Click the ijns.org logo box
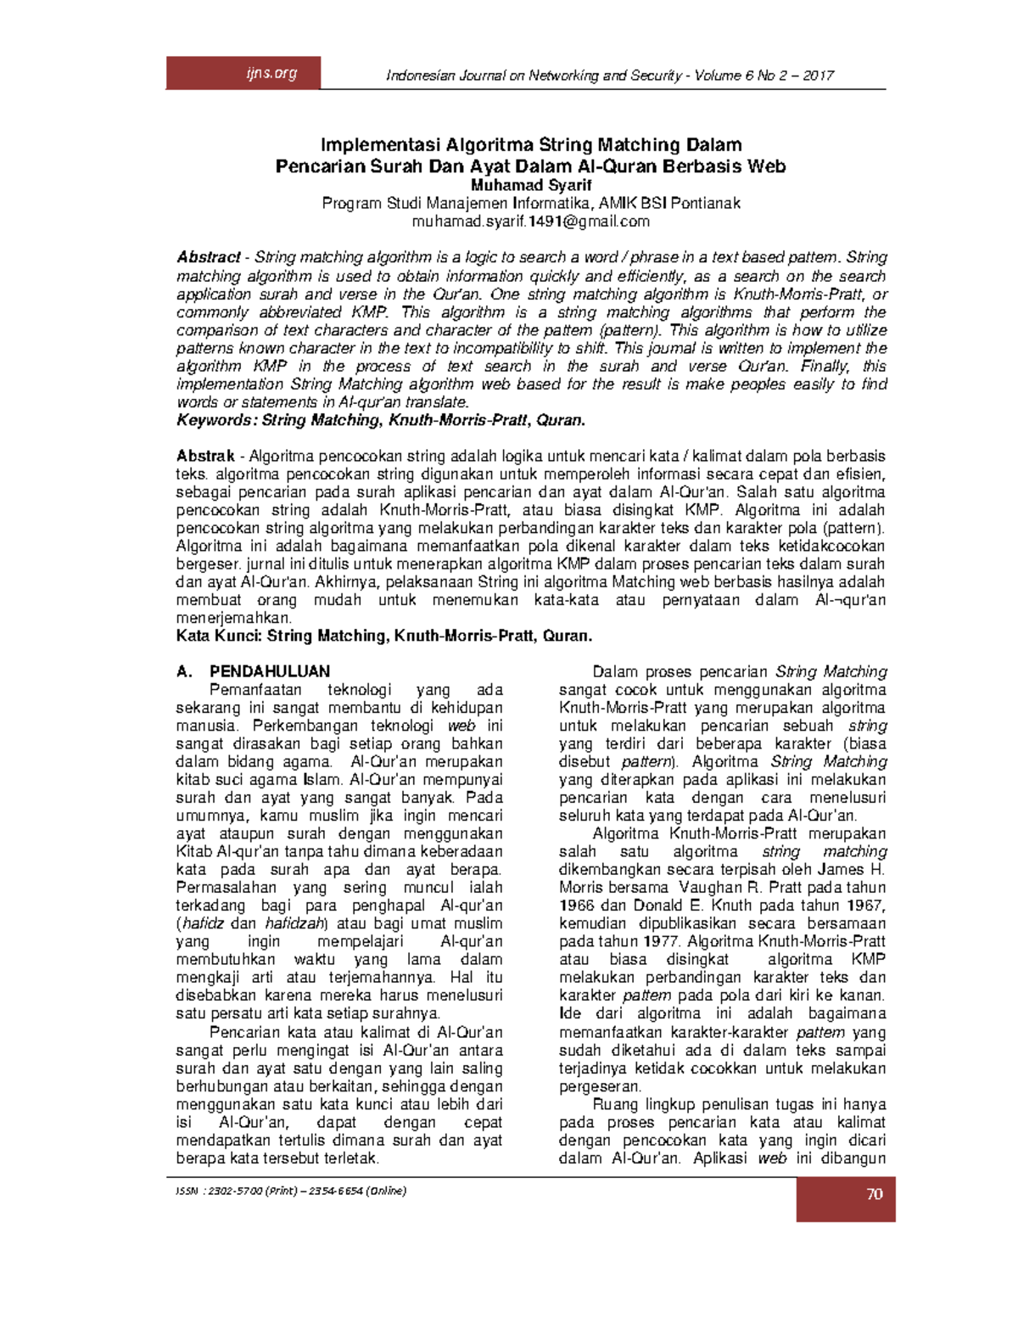(243, 73)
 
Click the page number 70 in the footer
(875, 1194)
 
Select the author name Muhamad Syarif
(531, 185)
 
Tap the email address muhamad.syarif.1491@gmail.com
(530, 222)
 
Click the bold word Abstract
(208, 257)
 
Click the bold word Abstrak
(204, 456)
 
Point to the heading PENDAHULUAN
(270, 671)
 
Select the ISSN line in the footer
(291, 1191)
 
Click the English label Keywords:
(215, 420)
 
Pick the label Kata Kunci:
(219, 636)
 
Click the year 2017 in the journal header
(819, 76)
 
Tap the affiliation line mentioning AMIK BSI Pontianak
(531, 204)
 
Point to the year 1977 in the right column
(662, 941)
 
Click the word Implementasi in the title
(380, 145)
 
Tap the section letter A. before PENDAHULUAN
(184, 671)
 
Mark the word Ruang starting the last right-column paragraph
(615, 1104)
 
